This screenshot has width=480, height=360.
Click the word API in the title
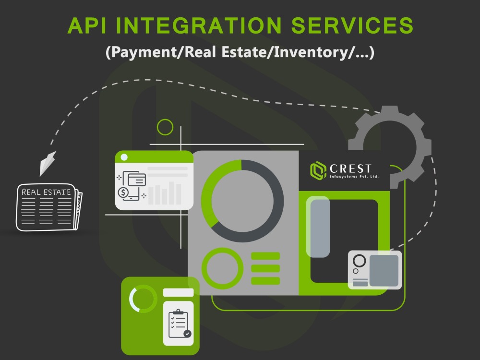click(87, 25)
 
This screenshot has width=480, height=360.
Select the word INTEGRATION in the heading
click(199, 25)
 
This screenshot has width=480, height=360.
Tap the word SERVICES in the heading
click(352, 25)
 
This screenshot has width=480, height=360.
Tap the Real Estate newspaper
click(48, 207)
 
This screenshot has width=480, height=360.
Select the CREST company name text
click(350, 168)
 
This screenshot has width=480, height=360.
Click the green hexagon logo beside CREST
click(318, 170)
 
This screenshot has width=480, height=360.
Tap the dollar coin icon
click(123, 192)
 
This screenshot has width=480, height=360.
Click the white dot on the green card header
click(124, 157)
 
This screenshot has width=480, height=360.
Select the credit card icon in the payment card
click(136, 180)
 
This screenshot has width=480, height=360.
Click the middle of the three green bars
click(265, 268)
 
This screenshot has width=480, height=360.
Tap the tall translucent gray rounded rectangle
click(318, 227)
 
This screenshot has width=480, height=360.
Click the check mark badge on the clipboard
click(187, 334)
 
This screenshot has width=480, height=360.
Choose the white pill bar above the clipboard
click(178, 293)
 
